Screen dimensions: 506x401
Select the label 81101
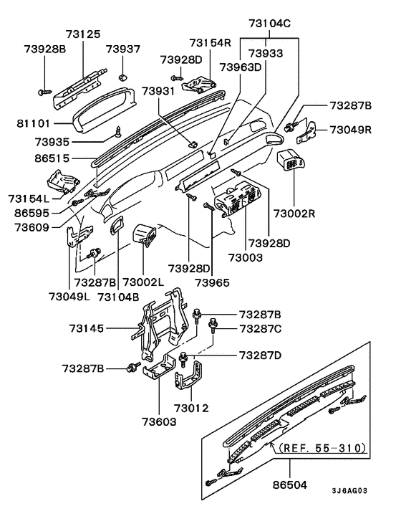pos(34,123)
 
